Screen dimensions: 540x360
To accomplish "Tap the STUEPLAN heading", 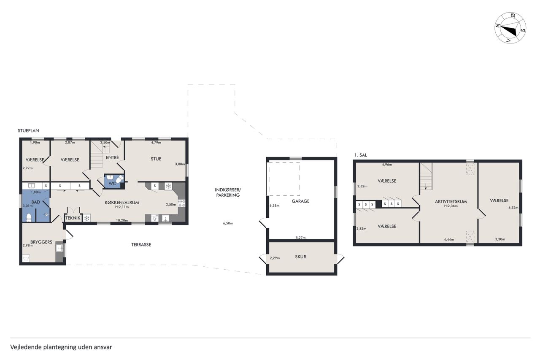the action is [x=28, y=131].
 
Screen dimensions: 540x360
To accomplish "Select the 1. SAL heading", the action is [x=361, y=155].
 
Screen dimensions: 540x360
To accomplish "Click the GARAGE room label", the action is [x=300, y=201].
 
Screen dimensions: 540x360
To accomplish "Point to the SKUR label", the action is [x=300, y=257].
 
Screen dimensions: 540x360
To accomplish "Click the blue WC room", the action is [x=114, y=181].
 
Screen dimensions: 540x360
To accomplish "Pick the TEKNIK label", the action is [x=73, y=218].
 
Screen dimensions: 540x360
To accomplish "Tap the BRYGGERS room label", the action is [x=41, y=242].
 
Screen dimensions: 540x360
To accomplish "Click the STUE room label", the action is [x=156, y=159].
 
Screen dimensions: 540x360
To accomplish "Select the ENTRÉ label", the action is [x=112, y=157].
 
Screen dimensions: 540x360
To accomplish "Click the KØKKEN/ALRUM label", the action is [x=122, y=203].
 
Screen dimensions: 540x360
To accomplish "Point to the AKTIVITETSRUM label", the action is [x=451, y=202].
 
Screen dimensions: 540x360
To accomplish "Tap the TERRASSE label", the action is [x=141, y=245].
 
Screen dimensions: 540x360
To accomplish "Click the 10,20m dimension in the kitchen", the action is [x=122, y=220].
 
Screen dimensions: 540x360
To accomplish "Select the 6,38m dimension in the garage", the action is [x=274, y=206].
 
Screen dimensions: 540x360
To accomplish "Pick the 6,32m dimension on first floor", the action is [x=513, y=208].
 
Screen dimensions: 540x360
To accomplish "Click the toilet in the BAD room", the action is [x=29, y=217].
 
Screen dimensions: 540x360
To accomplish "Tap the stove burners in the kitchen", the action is [x=181, y=203].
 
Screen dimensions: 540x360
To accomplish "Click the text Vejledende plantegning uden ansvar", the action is [x=61, y=347].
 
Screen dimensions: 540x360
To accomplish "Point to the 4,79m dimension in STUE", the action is [x=156, y=143].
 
